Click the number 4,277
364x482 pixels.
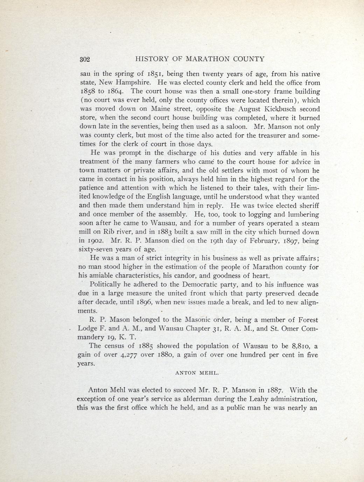[128, 355]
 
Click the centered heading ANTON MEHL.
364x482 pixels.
[197, 373]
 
